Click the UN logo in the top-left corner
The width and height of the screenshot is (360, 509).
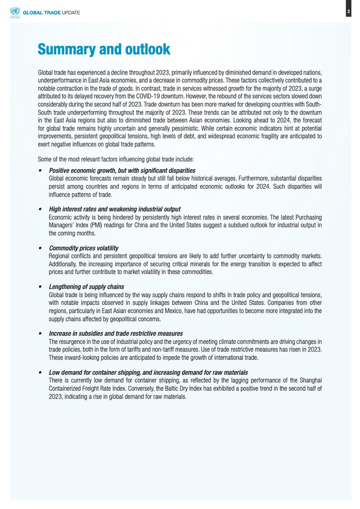tap(14, 12)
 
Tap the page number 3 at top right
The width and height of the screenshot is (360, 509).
tap(348, 12)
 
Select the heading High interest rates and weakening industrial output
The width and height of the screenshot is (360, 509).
tap(114, 209)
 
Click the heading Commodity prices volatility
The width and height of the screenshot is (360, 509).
tap(83, 248)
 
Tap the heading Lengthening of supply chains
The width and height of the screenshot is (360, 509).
tap(86, 286)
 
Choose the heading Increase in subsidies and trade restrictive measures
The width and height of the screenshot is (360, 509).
tap(115, 333)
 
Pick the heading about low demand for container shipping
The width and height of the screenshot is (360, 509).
tap(148, 372)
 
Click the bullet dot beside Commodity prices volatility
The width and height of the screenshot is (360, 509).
tap(40, 248)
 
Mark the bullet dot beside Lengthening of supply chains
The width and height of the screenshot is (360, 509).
tap(40, 286)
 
